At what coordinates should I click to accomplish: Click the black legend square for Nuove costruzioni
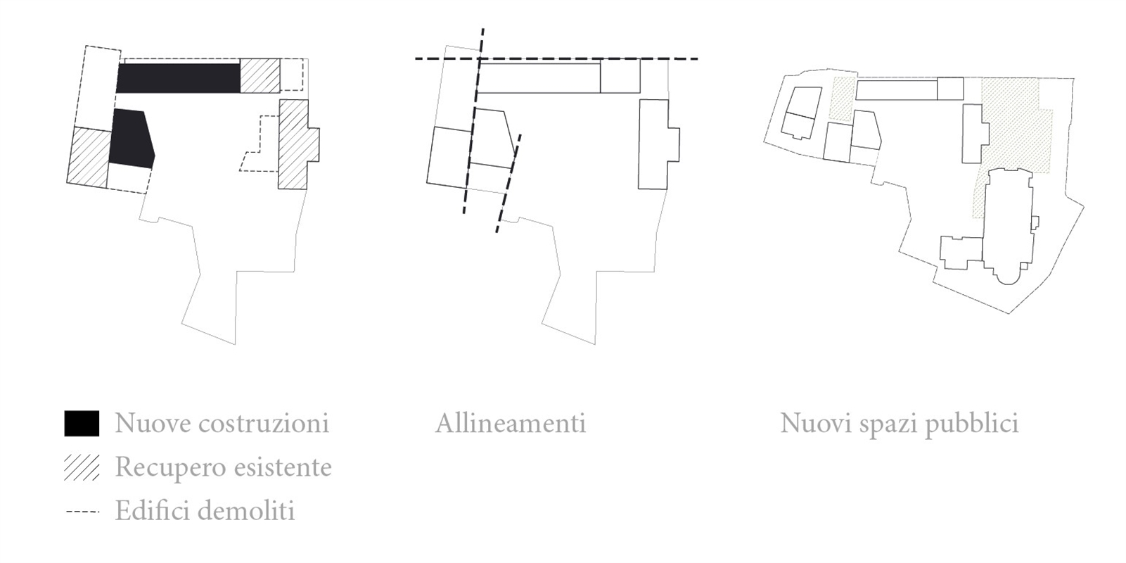(x=82, y=423)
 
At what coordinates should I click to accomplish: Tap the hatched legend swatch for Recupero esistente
(x=82, y=467)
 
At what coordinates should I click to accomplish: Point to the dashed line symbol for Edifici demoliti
(x=82, y=512)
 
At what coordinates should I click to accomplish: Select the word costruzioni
(x=264, y=423)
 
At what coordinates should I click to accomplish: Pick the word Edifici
(x=153, y=511)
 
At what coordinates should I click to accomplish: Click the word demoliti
(x=246, y=511)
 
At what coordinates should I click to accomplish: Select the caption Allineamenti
(x=511, y=424)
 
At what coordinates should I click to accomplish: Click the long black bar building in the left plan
(x=179, y=78)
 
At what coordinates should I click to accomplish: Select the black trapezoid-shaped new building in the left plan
(x=131, y=139)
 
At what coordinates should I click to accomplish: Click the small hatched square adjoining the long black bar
(x=260, y=76)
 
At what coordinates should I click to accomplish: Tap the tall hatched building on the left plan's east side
(x=296, y=144)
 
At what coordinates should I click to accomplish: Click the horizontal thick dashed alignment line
(x=556, y=59)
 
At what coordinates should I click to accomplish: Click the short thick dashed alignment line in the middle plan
(x=508, y=184)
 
